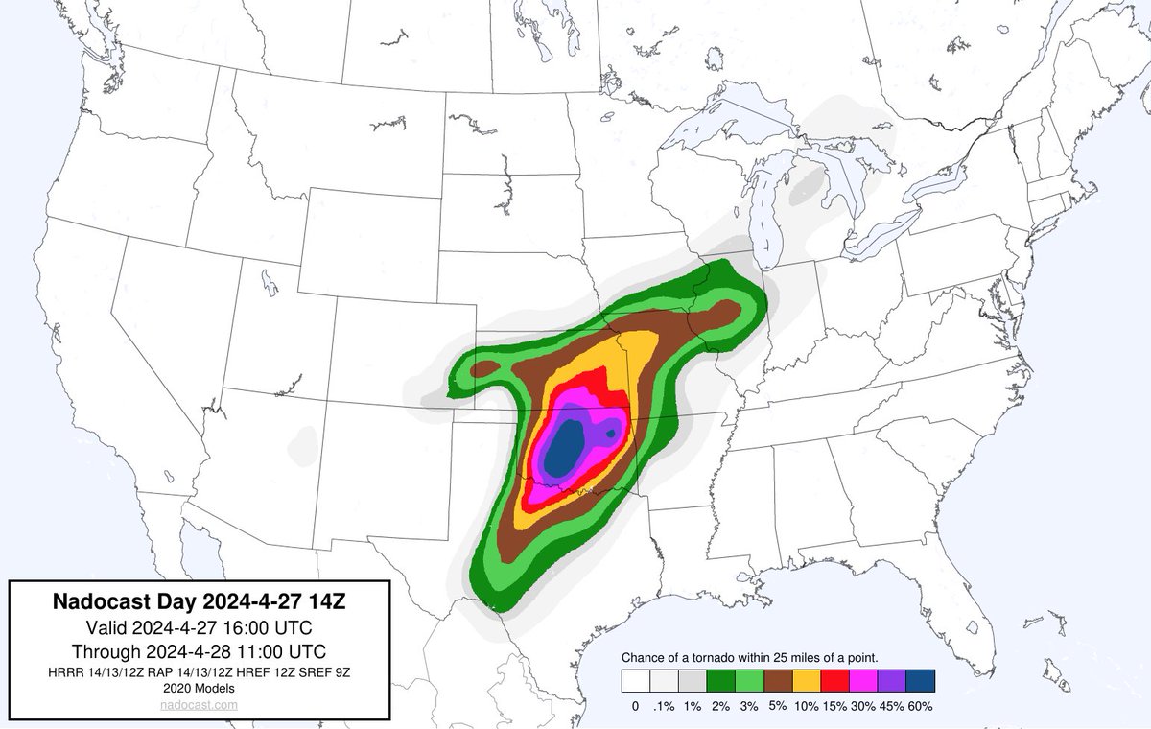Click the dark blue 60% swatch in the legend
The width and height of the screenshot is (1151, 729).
coord(921,680)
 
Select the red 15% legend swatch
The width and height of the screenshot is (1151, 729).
coord(835,680)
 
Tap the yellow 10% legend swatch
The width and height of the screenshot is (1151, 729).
coord(807,680)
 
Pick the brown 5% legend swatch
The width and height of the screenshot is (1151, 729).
coord(778,680)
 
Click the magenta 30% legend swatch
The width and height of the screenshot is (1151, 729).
coord(864,680)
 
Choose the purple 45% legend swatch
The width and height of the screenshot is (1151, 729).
coord(892,680)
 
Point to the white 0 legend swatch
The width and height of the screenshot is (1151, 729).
coord(635,680)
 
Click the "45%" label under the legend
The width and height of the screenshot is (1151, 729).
coord(892,706)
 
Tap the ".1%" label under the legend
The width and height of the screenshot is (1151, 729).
coord(664,706)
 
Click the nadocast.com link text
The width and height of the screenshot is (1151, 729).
coord(200,704)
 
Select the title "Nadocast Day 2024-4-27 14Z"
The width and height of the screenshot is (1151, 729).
coord(200,602)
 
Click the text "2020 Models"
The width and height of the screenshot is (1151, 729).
coord(200,688)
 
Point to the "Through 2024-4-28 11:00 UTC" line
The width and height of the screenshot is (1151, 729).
coord(200,650)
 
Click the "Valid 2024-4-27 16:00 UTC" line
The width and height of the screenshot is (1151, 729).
coord(200,627)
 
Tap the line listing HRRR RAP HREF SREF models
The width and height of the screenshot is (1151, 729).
coord(200,671)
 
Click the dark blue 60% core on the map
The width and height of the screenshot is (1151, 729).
coord(564,446)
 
